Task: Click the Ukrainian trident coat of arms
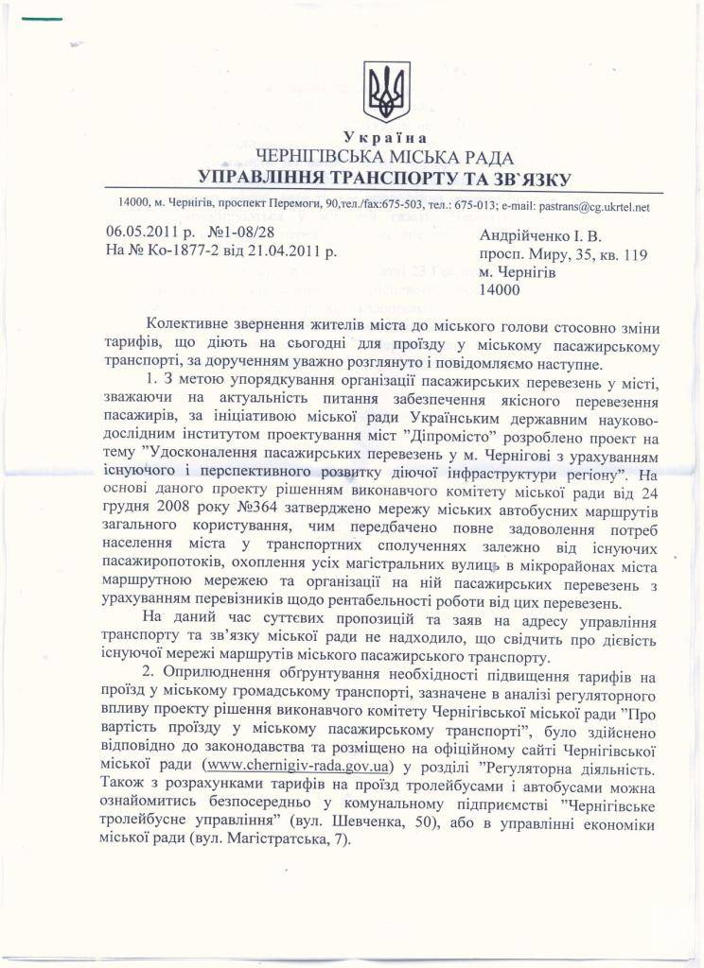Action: (387, 92)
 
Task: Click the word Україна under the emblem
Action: (386, 138)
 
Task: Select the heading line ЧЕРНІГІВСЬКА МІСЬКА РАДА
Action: (384, 158)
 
